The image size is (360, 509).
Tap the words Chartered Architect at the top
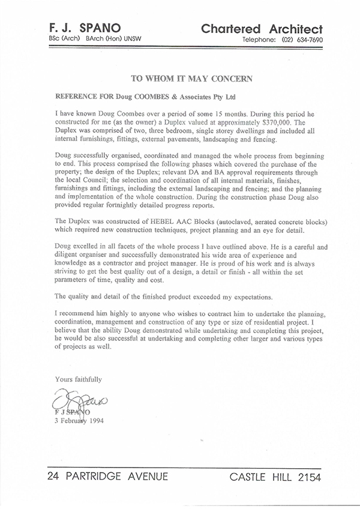pos(262,29)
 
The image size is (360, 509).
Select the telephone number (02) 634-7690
pos(298,40)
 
